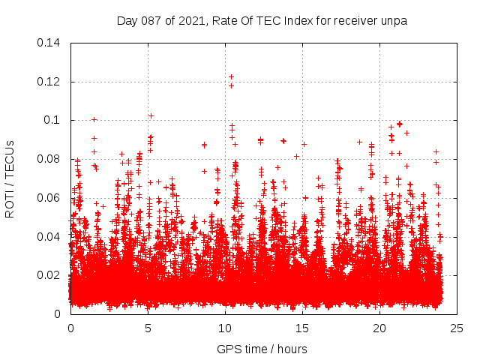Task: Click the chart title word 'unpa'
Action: tap(394, 21)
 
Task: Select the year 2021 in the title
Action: tap(190, 21)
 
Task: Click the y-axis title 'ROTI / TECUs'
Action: tap(10, 178)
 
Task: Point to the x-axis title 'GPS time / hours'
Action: tap(262, 349)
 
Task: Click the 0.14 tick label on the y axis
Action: tap(50, 43)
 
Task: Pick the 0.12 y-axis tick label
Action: tap(50, 82)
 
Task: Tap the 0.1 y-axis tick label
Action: tap(54, 120)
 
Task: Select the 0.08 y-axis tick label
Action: tap(50, 159)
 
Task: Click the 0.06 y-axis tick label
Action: tap(50, 198)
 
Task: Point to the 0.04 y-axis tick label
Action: tap(50, 237)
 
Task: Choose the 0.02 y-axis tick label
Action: tap(50, 275)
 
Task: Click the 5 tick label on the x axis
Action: tap(148, 328)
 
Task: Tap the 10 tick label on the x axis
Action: tap(225, 328)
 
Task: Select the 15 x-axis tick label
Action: tap(302, 328)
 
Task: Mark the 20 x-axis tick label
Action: tap(379, 328)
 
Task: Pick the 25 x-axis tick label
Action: tap(457, 328)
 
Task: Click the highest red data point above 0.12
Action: tap(231, 76)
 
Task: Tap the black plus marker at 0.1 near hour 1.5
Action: tap(94, 119)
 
